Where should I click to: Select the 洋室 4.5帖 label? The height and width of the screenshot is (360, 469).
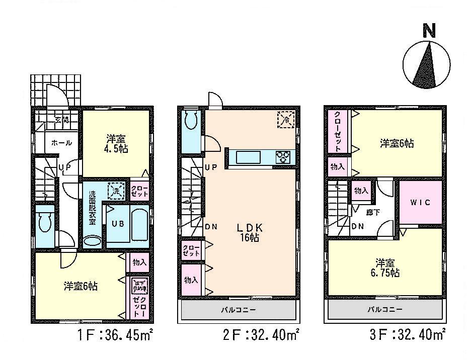(x=115, y=143)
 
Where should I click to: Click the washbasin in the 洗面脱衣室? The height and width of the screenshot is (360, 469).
(x=93, y=242)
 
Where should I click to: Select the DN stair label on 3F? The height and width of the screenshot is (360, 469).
(x=357, y=226)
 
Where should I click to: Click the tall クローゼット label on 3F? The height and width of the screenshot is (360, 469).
(x=338, y=131)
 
